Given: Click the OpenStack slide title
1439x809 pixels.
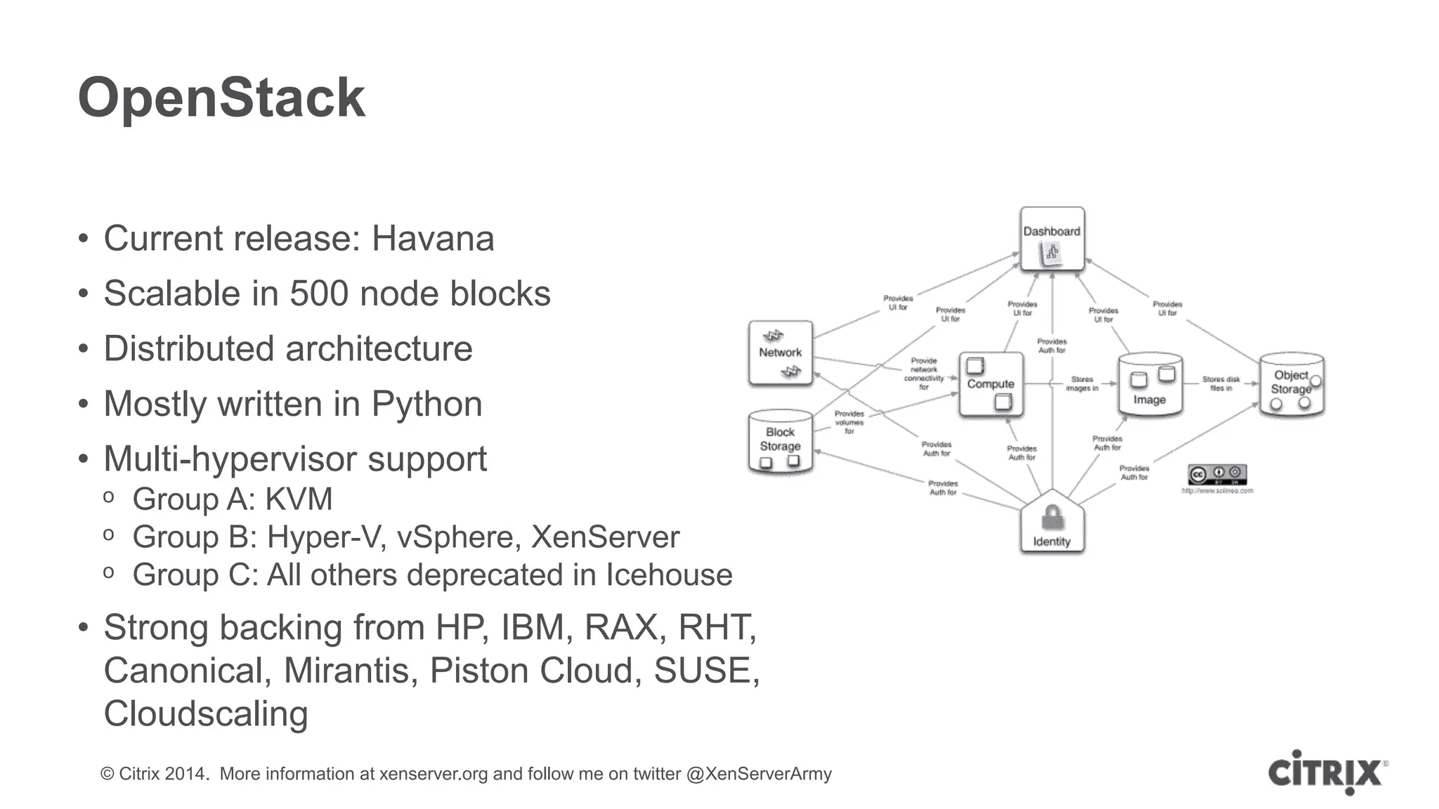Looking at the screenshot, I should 221,98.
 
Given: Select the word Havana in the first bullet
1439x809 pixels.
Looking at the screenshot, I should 432,239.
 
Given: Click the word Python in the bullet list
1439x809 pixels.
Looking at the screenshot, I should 427,404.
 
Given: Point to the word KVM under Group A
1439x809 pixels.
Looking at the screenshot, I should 299,499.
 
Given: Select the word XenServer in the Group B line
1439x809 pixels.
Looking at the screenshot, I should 605,537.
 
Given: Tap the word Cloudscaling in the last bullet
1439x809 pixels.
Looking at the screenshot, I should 206,714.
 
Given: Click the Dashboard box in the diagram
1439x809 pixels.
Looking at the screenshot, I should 1052,239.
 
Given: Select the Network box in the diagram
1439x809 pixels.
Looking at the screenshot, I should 780,353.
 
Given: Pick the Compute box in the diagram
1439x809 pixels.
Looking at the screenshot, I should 991,384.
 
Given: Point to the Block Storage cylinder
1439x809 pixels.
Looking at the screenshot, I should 780,442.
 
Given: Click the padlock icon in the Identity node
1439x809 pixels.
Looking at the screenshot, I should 1052,518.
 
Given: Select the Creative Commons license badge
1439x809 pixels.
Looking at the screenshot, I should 1217,475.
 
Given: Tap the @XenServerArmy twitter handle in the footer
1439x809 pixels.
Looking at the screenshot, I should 759,774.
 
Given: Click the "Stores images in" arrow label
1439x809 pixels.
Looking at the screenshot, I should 1081,383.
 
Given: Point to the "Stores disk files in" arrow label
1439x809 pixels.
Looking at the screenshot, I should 1220,383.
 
